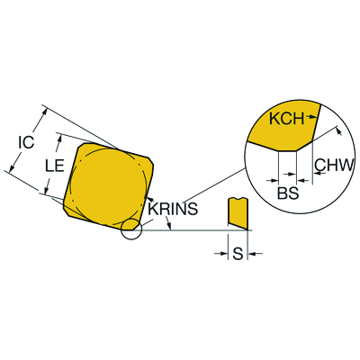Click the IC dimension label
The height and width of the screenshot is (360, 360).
coord(26,142)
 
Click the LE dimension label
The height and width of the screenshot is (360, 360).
coord(55,166)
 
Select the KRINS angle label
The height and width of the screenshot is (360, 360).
coord(173,209)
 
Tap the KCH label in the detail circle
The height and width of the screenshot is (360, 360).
coord(287,119)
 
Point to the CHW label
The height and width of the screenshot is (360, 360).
coord(333,165)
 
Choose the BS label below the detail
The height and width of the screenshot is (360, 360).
coord(288,193)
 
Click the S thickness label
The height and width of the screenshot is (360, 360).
coord(238,254)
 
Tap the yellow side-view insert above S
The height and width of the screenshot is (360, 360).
coord(238,213)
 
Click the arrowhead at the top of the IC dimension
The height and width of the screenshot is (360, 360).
coord(45,111)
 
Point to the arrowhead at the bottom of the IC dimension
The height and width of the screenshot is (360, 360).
coord(12,168)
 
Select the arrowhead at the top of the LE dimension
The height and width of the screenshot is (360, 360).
coord(60,138)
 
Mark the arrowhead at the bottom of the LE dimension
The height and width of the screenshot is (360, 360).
coord(46,191)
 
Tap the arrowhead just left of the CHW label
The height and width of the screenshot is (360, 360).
coord(318,173)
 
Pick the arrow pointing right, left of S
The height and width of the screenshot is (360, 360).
coord(224,254)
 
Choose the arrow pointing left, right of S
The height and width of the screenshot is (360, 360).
coord(253,254)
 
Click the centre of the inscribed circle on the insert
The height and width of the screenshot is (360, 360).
coord(108,186)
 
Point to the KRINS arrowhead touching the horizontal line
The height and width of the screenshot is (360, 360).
coord(169,227)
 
